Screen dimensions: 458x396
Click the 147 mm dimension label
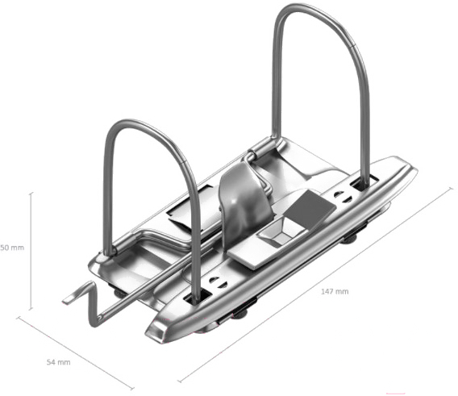click(x=335, y=291)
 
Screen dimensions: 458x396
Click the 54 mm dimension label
click(x=59, y=362)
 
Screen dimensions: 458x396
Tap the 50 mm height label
click(x=12, y=248)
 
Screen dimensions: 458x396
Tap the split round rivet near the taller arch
click(x=343, y=197)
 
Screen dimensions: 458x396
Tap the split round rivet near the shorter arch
click(x=218, y=282)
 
